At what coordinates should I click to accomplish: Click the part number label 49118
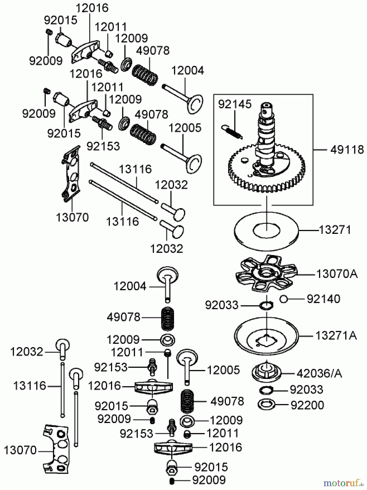pos(347,150)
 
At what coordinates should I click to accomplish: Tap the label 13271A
pos(336,336)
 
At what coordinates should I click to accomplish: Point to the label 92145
pos(235,104)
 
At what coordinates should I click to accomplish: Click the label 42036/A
pos(319,373)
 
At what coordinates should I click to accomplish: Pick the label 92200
pos(307,405)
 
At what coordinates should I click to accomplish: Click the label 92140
pos(323,299)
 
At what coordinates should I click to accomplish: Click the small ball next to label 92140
pos(283,299)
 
